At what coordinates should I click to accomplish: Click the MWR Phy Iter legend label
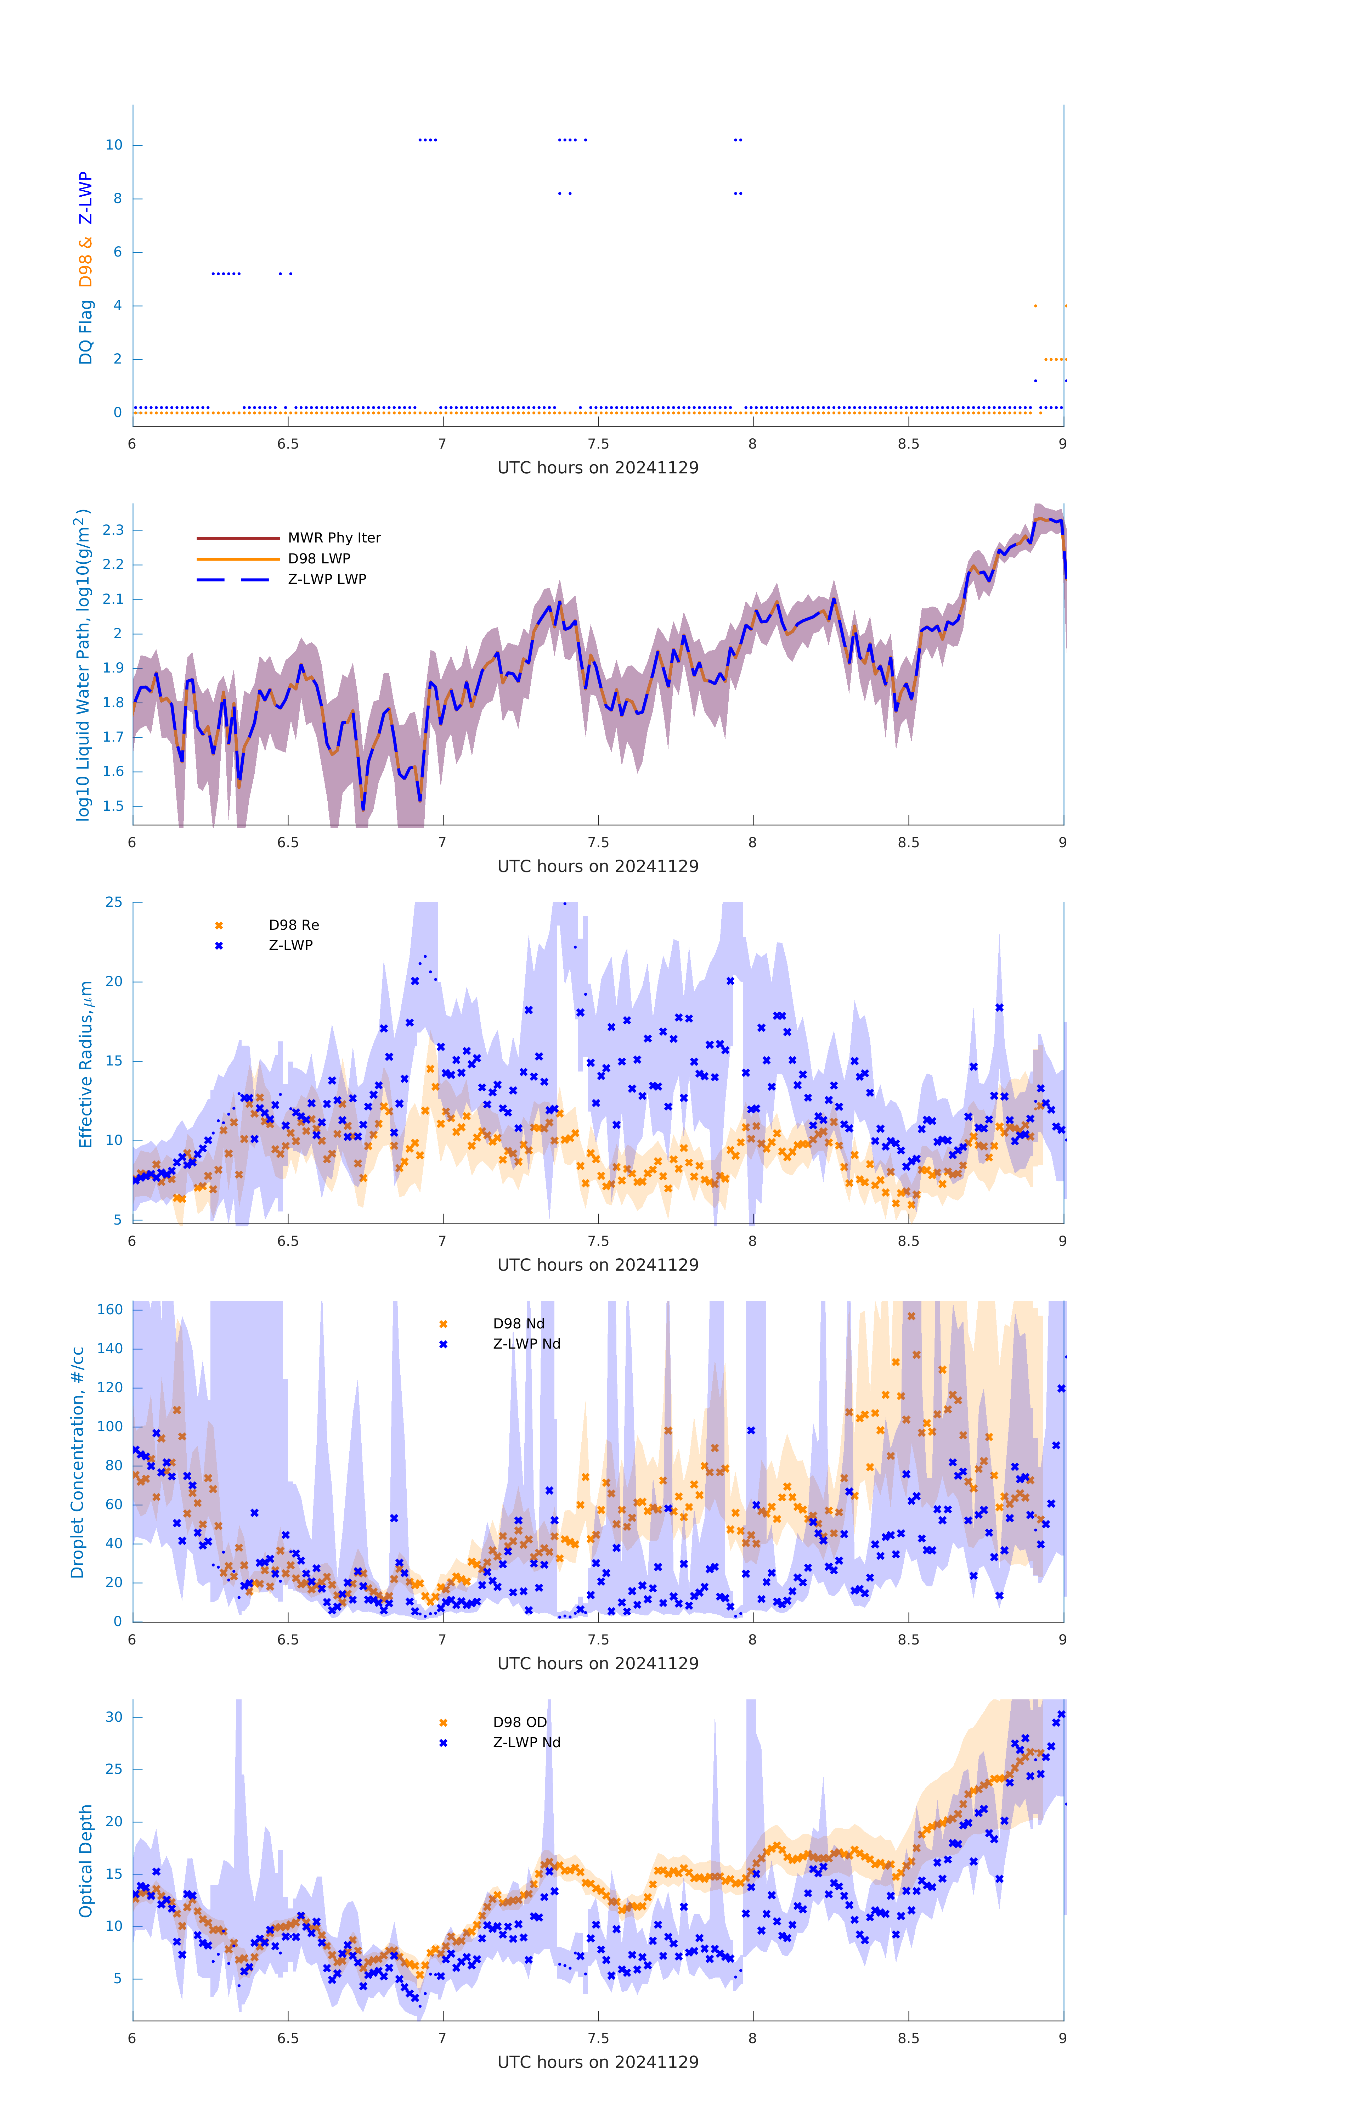334,538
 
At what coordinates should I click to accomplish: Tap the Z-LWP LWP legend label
327,579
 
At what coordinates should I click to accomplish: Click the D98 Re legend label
294,925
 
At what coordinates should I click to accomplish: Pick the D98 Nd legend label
518,1323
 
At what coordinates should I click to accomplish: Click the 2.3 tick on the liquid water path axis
113,530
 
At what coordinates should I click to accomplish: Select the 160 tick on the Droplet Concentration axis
109,1309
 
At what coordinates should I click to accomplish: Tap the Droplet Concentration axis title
78,1463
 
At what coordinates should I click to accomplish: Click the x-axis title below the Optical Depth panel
598,2063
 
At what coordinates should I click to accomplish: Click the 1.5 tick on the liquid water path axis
113,806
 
